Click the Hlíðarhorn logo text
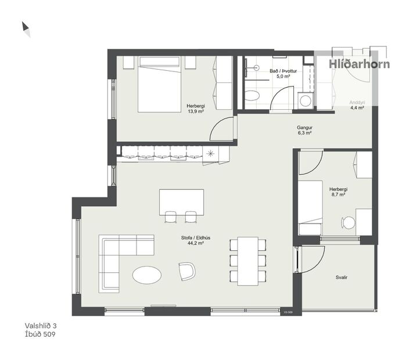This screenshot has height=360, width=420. [359, 64]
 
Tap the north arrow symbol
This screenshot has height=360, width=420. [26, 29]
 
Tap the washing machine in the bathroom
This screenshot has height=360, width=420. [305, 100]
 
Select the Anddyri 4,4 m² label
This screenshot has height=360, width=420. [357, 105]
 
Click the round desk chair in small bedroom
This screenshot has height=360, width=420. [347, 222]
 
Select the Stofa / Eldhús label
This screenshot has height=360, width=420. [195, 240]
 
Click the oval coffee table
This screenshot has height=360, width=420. [146, 275]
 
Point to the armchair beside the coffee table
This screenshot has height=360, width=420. [187, 271]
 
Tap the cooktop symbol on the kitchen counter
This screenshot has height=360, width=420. [210, 153]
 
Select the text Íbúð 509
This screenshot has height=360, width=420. [40, 334]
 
